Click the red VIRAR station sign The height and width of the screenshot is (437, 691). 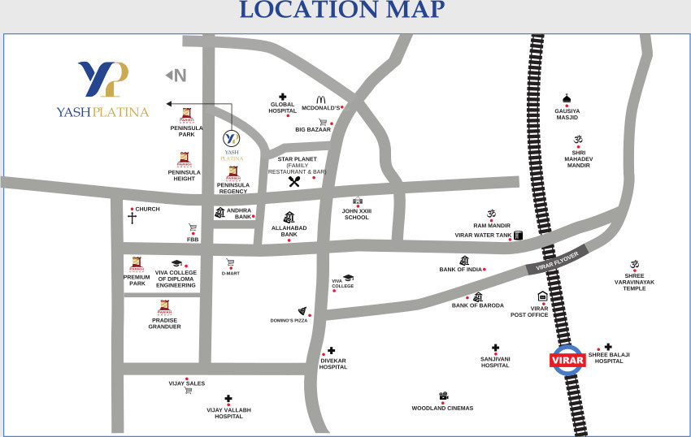pyautogui.click(x=567, y=359)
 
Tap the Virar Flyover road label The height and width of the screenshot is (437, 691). pyautogui.click(x=557, y=262)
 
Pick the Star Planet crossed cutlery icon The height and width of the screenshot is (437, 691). pyautogui.click(x=294, y=182)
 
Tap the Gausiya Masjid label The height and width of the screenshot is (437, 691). pyautogui.click(x=567, y=115)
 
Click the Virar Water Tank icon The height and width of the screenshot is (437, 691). pyautogui.click(x=518, y=236)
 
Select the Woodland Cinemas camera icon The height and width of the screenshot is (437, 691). pyautogui.click(x=443, y=396)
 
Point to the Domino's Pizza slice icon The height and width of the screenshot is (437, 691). pyautogui.click(x=302, y=311)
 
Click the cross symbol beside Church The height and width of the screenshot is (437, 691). pyautogui.click(x=132, y=218)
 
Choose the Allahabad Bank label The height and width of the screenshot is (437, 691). pyautogui.click(x=289, y=231)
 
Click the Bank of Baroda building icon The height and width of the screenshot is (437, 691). pyautogui.click(x=477, y=297)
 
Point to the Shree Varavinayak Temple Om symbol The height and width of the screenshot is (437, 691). pyautogui.click(x=634, y=265)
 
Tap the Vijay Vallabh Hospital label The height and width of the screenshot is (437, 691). pyautogui.click(x=228, y=413)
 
